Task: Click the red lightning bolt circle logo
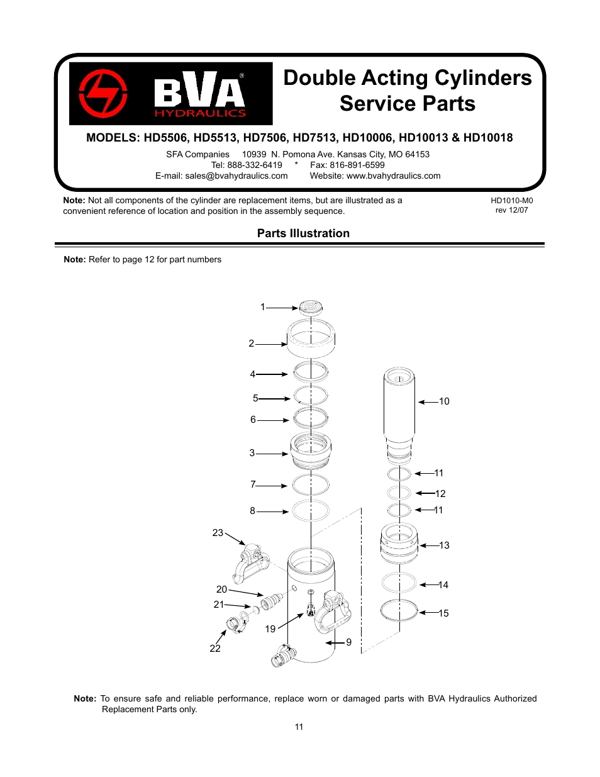[103, 94]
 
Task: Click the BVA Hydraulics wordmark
[200, 95]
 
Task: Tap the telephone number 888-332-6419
[255, 165]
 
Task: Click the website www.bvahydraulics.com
[393, 176]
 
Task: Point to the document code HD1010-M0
[511, 201]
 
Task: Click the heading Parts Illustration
[303, 233]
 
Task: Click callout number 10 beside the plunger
[444, 401]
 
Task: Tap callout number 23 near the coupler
[218, 533]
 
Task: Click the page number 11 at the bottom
[299, 727]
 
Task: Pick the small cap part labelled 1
[311, 308]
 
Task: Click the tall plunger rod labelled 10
[399, 406]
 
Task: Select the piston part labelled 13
[399, 543]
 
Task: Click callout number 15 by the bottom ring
[443, 613]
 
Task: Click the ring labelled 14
[399, 583]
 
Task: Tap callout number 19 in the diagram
[270, 629]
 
